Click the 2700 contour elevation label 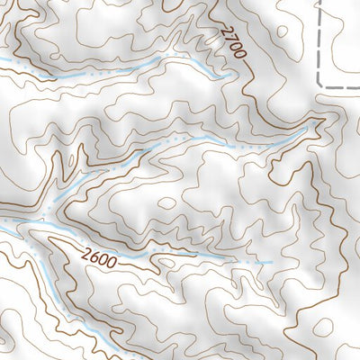232,42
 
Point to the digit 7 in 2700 229,39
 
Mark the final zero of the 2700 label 240,55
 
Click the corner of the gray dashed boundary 320,86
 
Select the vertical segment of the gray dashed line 319,45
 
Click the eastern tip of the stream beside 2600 271,262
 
